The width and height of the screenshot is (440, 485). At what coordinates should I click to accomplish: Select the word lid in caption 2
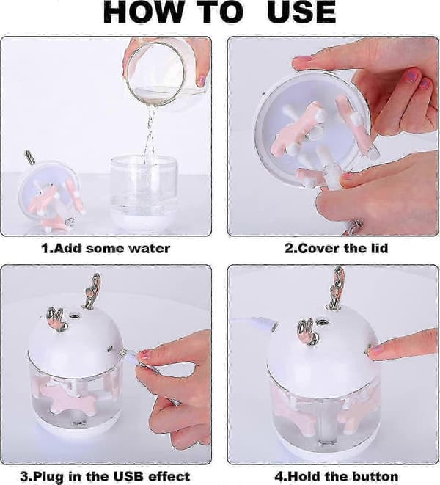point(378,248)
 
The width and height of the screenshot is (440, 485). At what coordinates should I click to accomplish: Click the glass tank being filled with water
point(144,193)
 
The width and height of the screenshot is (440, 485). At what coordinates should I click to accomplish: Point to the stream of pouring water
point(150,130)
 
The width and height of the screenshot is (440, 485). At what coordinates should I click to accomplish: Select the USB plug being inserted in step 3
point(127,355)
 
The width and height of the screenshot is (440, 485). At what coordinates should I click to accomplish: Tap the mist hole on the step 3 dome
point(74,316)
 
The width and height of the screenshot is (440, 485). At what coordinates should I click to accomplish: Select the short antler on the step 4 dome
point(307,332)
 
